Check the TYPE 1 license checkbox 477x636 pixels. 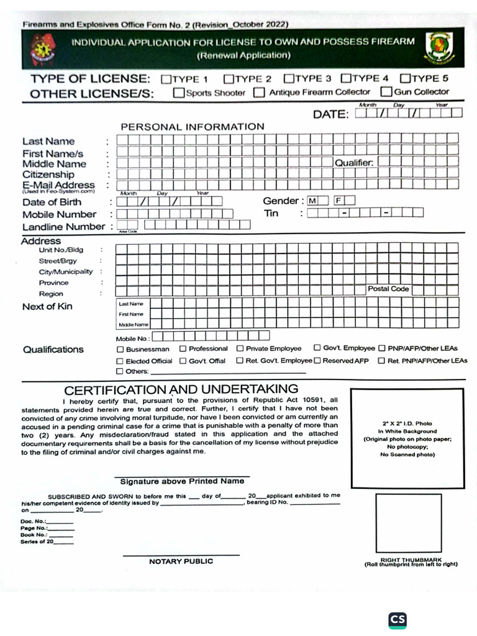pyautogui.click(x=166, y=79)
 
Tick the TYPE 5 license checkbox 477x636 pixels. pyautogui.click(x=405, y=78)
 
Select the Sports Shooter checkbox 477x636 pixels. pyautogui.click(x=179, y=93)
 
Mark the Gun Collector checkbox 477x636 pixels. pyautogui.click(x=387, y=92)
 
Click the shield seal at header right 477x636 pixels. pyautogui.click(x=438, y=48)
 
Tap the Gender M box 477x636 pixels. pyautogui.click(x=312, y=201)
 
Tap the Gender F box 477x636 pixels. pyautogui.click(x=339, y=201)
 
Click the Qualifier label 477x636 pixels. pyautogui.click(x=354, y=163)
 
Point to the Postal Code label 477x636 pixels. pyautogui.click(x=388, y=289)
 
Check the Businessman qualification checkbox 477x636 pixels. pyautogui.click(x=120, y=349)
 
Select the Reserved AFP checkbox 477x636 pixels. pyautogui.click(x=317, y=360)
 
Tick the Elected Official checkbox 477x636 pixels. pyautogui.click(x=120, y=361)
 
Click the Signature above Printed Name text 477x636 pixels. pyautogui.click(x=182, y=481)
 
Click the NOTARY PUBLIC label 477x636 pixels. pyautogui.click(x=181, y=561)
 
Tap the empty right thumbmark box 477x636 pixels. pyautogui.click(x=408, y=522)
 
